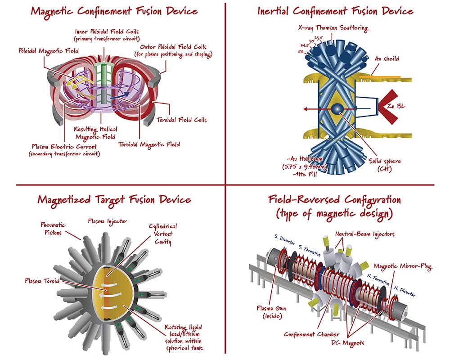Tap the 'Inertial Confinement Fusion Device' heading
[x=335, y=11]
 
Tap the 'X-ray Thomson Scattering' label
[x=333, y=28]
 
